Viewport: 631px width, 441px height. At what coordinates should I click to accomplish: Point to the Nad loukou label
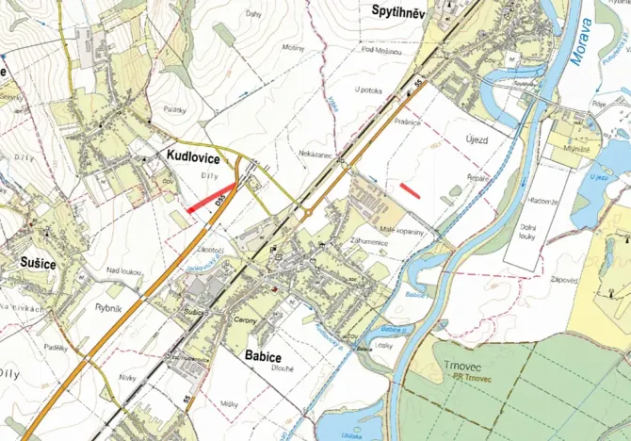click(x=122, y=271)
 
